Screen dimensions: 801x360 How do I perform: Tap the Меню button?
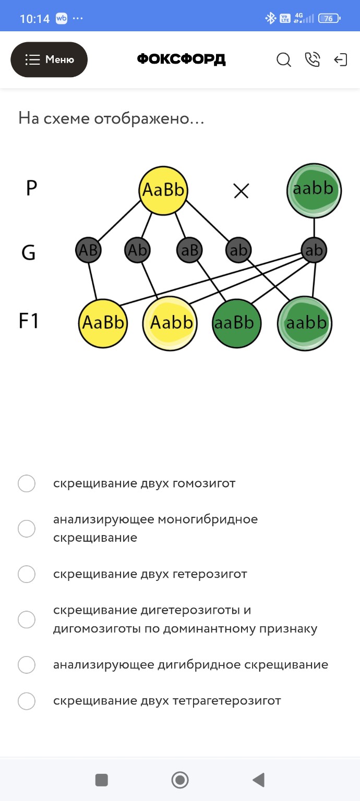pos(49,59)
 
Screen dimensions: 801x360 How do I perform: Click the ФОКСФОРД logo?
pos(181,59)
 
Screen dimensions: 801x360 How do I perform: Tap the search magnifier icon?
pos(283,60)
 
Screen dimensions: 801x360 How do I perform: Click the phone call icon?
pos(312,60)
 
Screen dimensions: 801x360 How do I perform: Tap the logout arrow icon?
pos(340,60)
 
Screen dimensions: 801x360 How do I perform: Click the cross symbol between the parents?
pos(241,191)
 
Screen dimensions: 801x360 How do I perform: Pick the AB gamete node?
pos(88,250)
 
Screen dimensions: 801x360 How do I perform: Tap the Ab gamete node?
pos(138,250)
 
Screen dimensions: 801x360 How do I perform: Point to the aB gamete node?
pos(189,250)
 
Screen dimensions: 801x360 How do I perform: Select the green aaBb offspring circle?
pos(236,323)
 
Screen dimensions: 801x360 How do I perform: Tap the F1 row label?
pos(29,321)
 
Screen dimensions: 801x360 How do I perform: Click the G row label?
pos(28,252)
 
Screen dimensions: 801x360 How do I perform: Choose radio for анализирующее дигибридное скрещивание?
pos(27,665)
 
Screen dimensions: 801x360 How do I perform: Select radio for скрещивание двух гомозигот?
pos(27,483)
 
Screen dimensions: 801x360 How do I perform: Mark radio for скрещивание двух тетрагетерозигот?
pos(27,701)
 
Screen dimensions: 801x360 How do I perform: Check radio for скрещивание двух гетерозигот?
pos(27,574)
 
